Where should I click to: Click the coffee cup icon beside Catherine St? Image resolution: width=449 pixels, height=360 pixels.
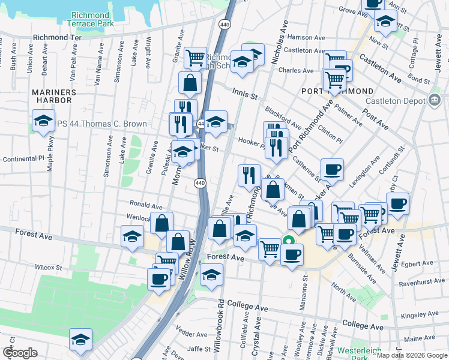coord(331,169)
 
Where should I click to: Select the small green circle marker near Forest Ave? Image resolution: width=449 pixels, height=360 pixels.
coord(288,242)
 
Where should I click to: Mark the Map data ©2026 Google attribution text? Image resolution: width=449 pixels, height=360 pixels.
coord(412,355)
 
